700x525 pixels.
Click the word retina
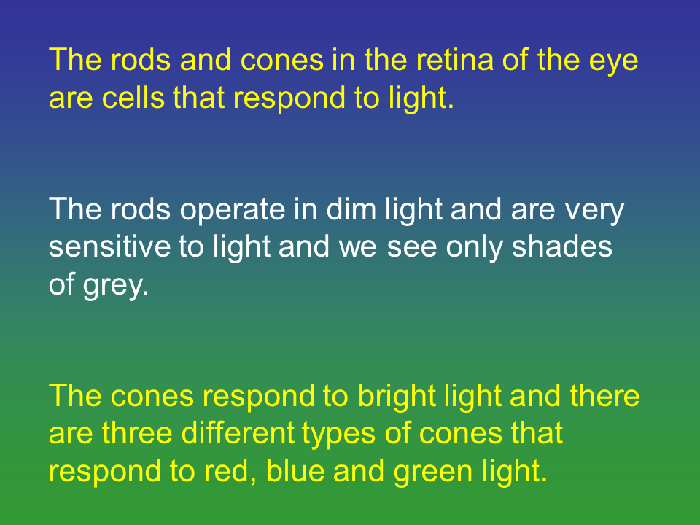click(454, 60)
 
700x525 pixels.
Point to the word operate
click(232, 211)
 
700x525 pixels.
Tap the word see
click(412, 250)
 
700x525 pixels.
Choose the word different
click(238, 432)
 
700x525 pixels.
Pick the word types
click(339, 436)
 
